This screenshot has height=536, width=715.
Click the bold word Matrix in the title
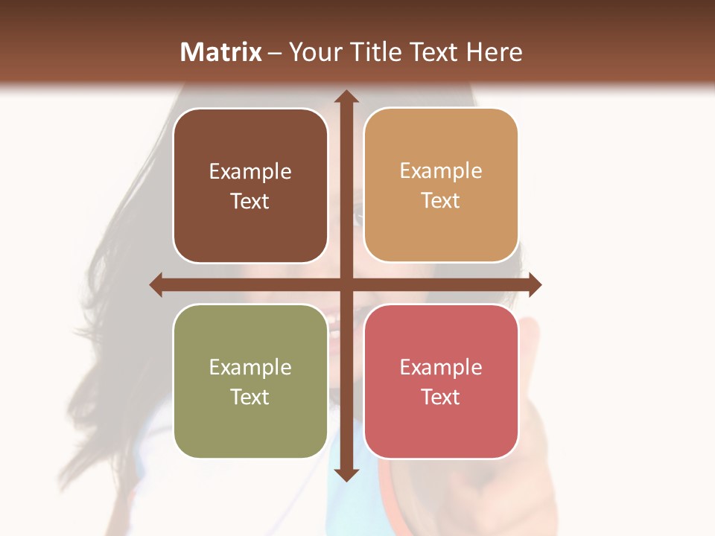click(x=221, y=52)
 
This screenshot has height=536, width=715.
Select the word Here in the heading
click(x=494, y=52)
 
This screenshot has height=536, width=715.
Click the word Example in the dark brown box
click(x=250, y=172)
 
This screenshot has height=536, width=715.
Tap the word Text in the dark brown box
click(x=250, y=201)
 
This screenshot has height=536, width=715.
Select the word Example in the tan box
click(x=441, y=171)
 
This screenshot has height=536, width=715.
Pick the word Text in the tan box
click(x=441, y=200)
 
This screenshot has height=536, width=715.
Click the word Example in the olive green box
click(x=250, y=368)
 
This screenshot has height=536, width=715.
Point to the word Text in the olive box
click(x=250, y=397)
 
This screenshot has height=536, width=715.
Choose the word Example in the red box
click(x=441, y=368)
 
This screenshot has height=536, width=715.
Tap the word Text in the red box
click(x=441, y=397)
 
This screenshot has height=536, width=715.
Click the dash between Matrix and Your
click(x=275, y=53)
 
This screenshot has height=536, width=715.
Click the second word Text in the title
click(x=433, y=52)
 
